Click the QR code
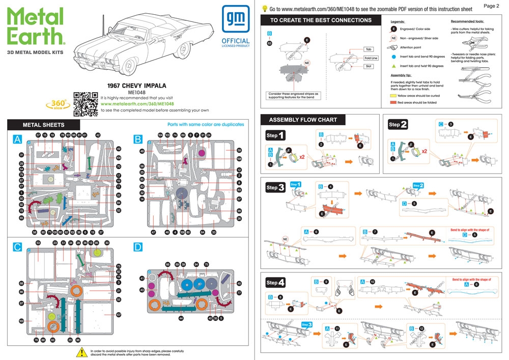pos(86,103)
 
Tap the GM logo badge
pos(236,18)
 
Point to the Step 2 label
pos(398,125)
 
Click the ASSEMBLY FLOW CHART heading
pos(303,120)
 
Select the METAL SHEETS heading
pos(44,125)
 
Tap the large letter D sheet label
pos(138,247)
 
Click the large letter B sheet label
pos(138,139)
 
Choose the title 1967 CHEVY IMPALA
pos(137,86)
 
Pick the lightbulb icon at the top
pos(265,9)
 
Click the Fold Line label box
pos(371,58)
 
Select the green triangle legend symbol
pos(394,66)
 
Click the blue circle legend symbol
pos(394,57)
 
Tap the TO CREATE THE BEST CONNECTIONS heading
pos(321,20)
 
